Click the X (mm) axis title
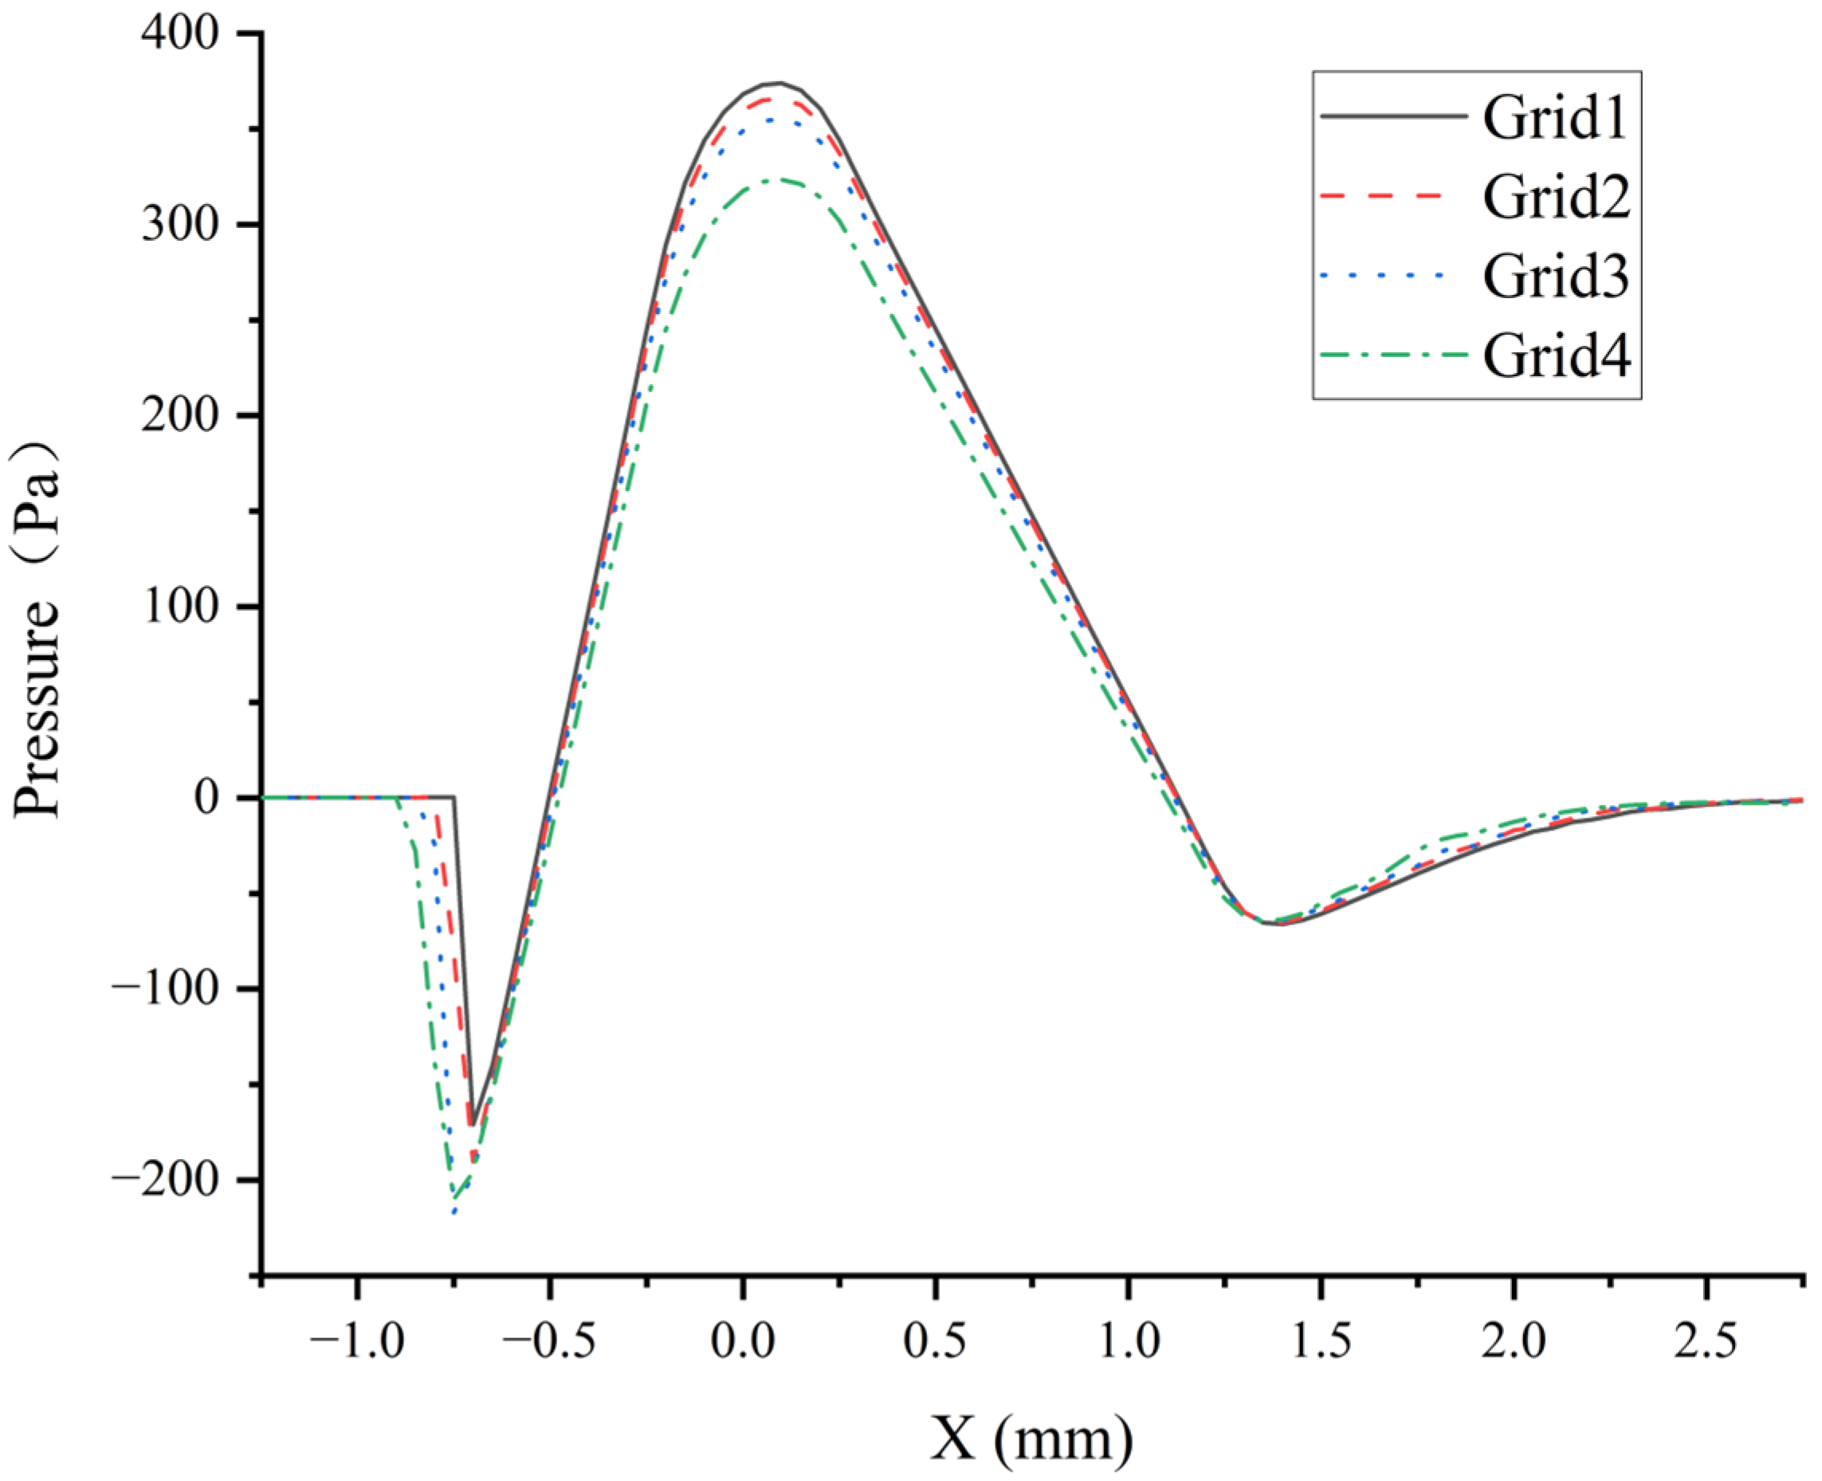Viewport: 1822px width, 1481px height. [1031, 1438]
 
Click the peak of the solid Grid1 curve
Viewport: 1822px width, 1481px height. [778, 84]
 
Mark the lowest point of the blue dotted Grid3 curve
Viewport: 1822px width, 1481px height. [454, 1212]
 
